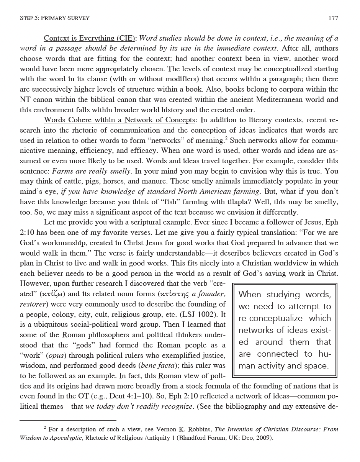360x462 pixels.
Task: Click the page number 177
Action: click(x=333, y=18)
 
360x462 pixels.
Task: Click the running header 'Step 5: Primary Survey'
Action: click(x=54, y=18)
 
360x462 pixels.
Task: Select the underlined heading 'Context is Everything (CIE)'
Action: click(x=90, y=38)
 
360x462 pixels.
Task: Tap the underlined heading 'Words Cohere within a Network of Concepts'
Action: click(x=119, y=120)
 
